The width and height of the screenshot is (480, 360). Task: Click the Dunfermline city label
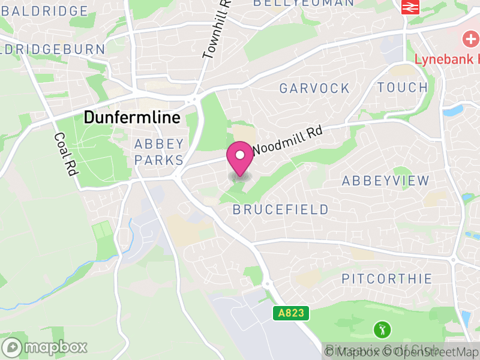pyautogui.click(x=131, y=117)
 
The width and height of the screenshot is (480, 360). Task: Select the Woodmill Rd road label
pyautogui.click(x=288, y=139)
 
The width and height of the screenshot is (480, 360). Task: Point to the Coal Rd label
pyautogui.click(x=66, y=154)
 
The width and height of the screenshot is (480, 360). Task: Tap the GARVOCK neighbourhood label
pyautogui.click(x=314, y=88)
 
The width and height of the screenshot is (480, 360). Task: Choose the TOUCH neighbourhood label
pyautogui.click(x=403, y=87)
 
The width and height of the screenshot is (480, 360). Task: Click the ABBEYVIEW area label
pyautogui.click(x=386, y=181)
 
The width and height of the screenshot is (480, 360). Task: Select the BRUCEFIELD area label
pyautogui.click(x=281, y=209)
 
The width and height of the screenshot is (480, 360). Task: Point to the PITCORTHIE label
pyautogui.click(x=386, y=278)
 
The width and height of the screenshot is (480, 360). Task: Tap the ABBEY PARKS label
pyautogui.click(x=159, y=152)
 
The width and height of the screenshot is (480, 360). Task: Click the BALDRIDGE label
pyautogui.click(x=45, y=11)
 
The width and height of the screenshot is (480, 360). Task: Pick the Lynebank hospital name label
pyautogui.click(x=448, y=59)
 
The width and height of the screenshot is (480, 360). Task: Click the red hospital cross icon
pyautogui.click(x=470, y=40)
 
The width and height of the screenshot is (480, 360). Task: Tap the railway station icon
pyautogui.click(x=410, y=7)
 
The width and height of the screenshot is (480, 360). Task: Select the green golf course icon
pyautogui.click(x=382, y=329)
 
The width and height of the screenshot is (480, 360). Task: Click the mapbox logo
pyautogui.click(x=45, y=347)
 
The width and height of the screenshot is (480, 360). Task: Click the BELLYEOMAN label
pyautogui.click(x=304, y=3)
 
